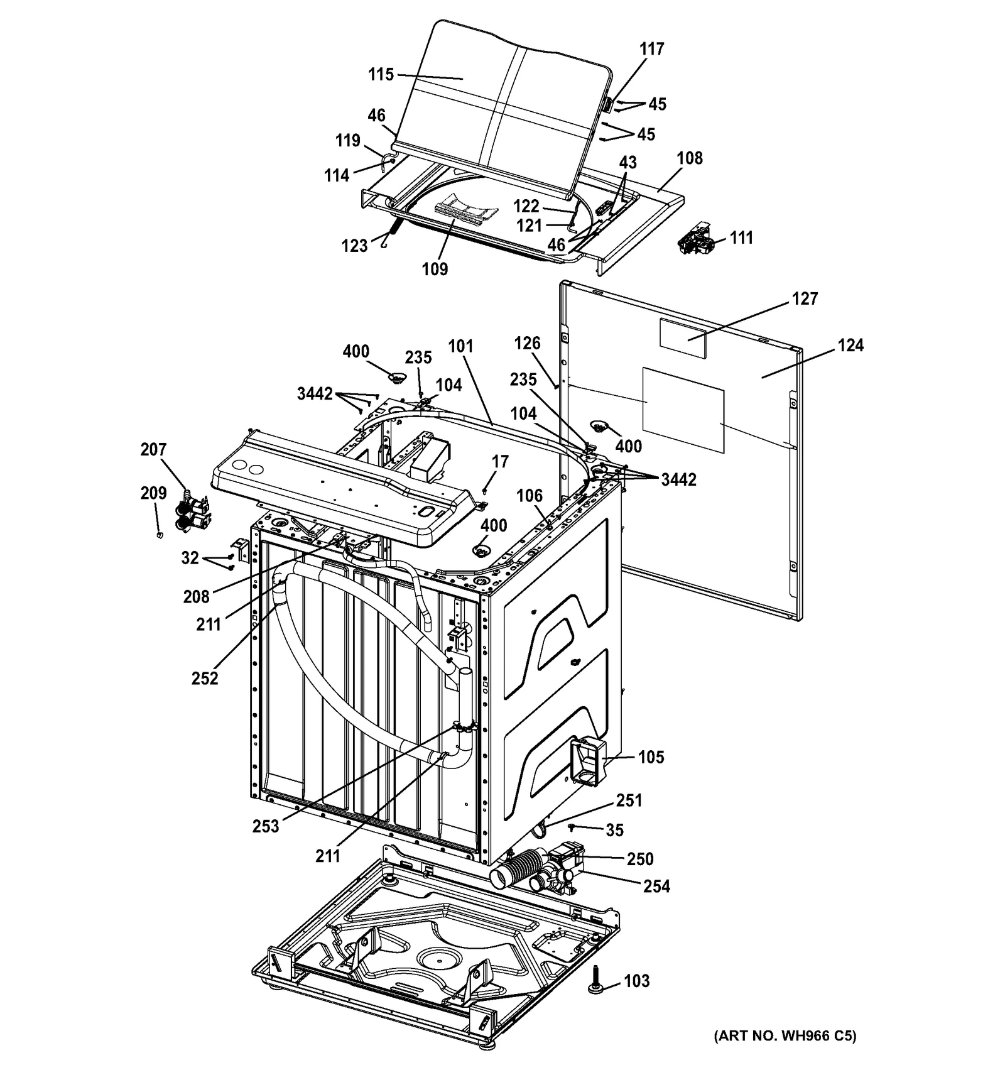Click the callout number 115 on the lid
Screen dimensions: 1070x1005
tap(381, 75)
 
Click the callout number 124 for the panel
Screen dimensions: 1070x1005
tap(850, 345)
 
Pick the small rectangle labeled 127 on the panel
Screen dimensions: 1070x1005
tap(683, 339)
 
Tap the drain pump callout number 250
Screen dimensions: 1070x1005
tap(640, 858)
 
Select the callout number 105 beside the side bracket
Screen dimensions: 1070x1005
tap(651, 757)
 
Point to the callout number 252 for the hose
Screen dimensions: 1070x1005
tap(205, 678)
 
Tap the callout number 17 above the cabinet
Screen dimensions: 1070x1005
tap(500, 462)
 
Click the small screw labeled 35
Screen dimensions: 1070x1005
tap(573, 826)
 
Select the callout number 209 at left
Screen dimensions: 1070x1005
tap(153, 493)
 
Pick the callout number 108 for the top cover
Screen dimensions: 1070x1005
tap(690, 158)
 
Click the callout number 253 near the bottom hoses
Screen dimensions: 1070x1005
tap(266, 826)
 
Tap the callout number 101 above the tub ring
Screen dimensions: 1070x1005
tap(460, 346)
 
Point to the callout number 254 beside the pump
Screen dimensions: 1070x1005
tap(656, 886)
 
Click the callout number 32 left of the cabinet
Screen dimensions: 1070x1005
tap(190, 557)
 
